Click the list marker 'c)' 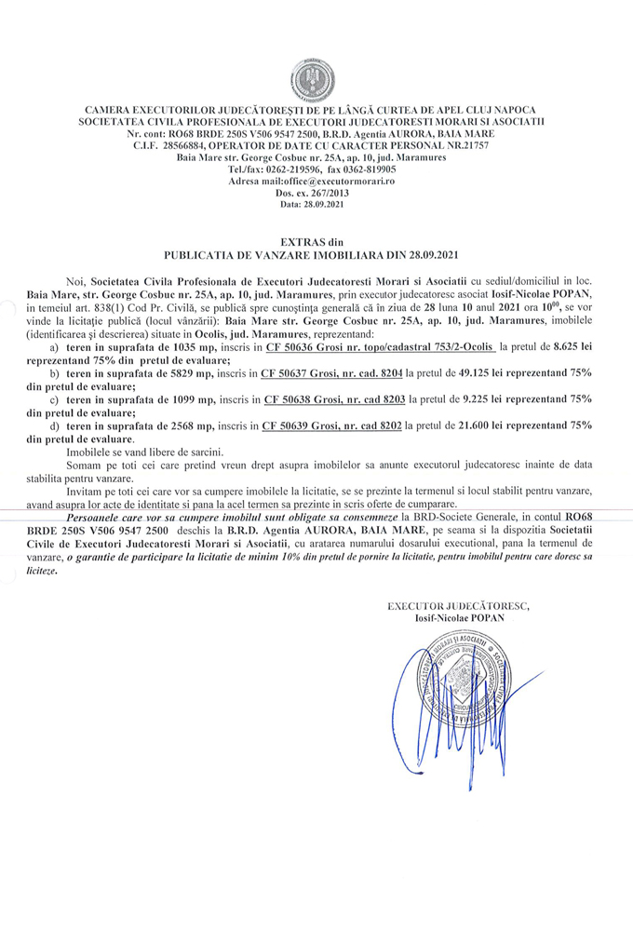click(x=54, y=398)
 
